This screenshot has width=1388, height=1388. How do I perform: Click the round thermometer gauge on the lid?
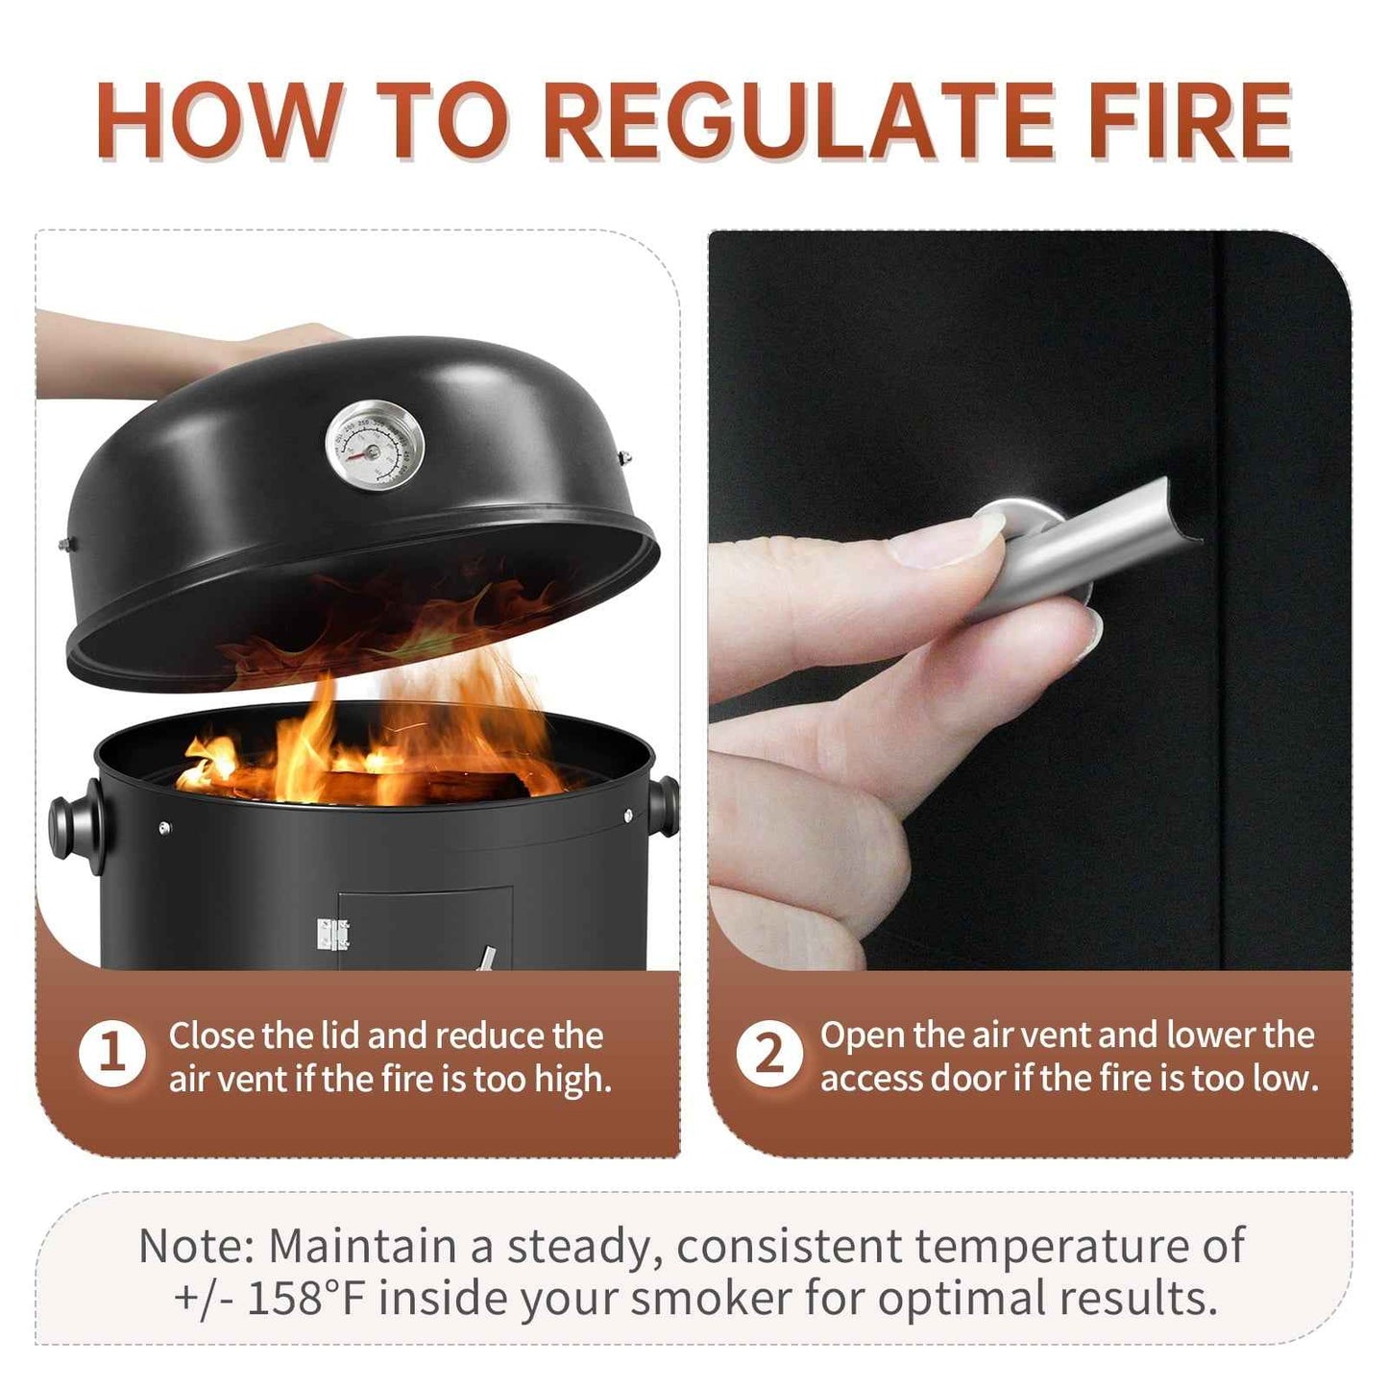click(x=375, y=444)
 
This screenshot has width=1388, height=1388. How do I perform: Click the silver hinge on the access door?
click(x=332, y=935)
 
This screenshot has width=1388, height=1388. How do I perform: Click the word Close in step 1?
click(x=212, y=1035)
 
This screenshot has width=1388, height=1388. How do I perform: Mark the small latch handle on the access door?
click(x=488, y=958)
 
